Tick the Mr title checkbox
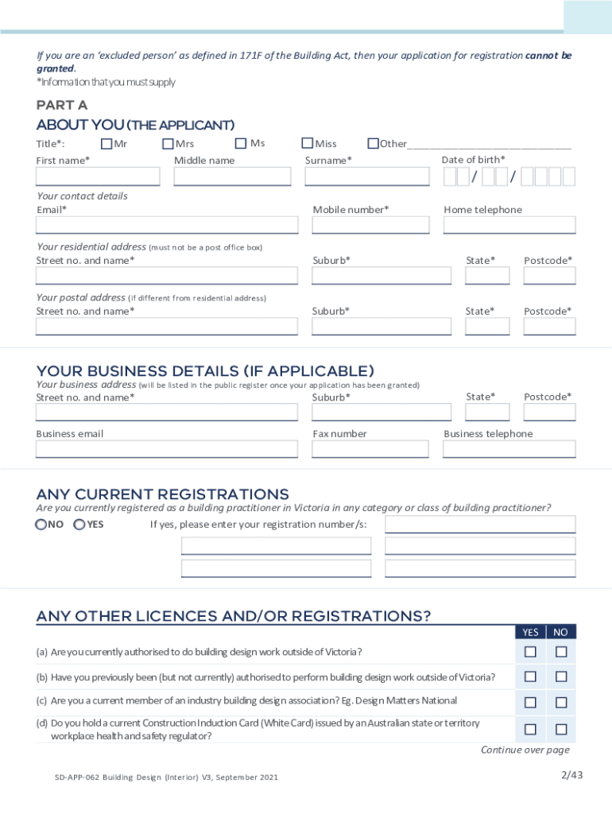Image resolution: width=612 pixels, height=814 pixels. coord(107,144)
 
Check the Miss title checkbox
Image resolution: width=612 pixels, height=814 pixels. coord(307,144)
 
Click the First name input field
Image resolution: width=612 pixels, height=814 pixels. coord(98,176)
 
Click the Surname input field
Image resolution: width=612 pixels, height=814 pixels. coord(366,176)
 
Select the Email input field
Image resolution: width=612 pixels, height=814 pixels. coord(167,225)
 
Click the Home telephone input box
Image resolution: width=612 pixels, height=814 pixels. coord(509,225)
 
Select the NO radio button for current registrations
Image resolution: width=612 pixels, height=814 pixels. coord(41,525)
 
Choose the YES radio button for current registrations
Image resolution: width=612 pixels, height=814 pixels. coord(79,525)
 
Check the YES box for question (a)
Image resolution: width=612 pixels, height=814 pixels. coord(530,652)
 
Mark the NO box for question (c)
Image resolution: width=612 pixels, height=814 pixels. coord(561,703)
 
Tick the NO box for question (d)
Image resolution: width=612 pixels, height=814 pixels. coord(561,729)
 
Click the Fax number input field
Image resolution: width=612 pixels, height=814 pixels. coord(381,449)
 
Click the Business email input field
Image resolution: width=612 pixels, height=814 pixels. coord(167,449)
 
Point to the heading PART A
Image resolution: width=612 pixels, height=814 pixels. coord(62,106)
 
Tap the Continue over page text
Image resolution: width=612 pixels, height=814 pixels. coord(525,750)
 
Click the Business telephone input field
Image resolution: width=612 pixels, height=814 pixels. coord(509,449)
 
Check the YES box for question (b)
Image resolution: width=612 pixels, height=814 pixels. coord(530,677)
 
